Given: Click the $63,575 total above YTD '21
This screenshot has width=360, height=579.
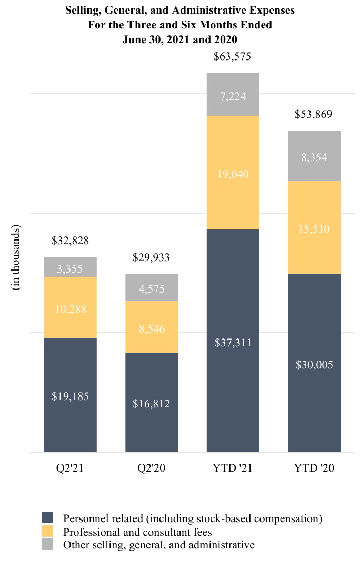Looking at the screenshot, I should click(233, 56).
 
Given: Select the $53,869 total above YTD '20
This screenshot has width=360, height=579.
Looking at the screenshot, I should click(314, 114).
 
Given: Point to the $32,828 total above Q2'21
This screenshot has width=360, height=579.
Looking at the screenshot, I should click(70, 241).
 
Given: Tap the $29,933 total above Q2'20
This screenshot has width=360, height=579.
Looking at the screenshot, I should click(152, 257).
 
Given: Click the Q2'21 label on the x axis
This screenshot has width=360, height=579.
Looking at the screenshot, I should click(70, 468).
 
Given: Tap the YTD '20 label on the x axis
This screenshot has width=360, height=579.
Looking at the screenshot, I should click(314, 468).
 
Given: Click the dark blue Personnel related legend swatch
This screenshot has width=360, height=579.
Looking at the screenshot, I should click(47, 517).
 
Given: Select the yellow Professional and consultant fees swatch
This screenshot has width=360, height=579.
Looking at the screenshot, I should click(47, 531).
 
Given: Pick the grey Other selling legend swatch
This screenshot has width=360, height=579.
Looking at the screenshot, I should click(47, 545).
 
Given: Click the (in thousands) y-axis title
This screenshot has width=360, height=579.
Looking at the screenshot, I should click(16, 257).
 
